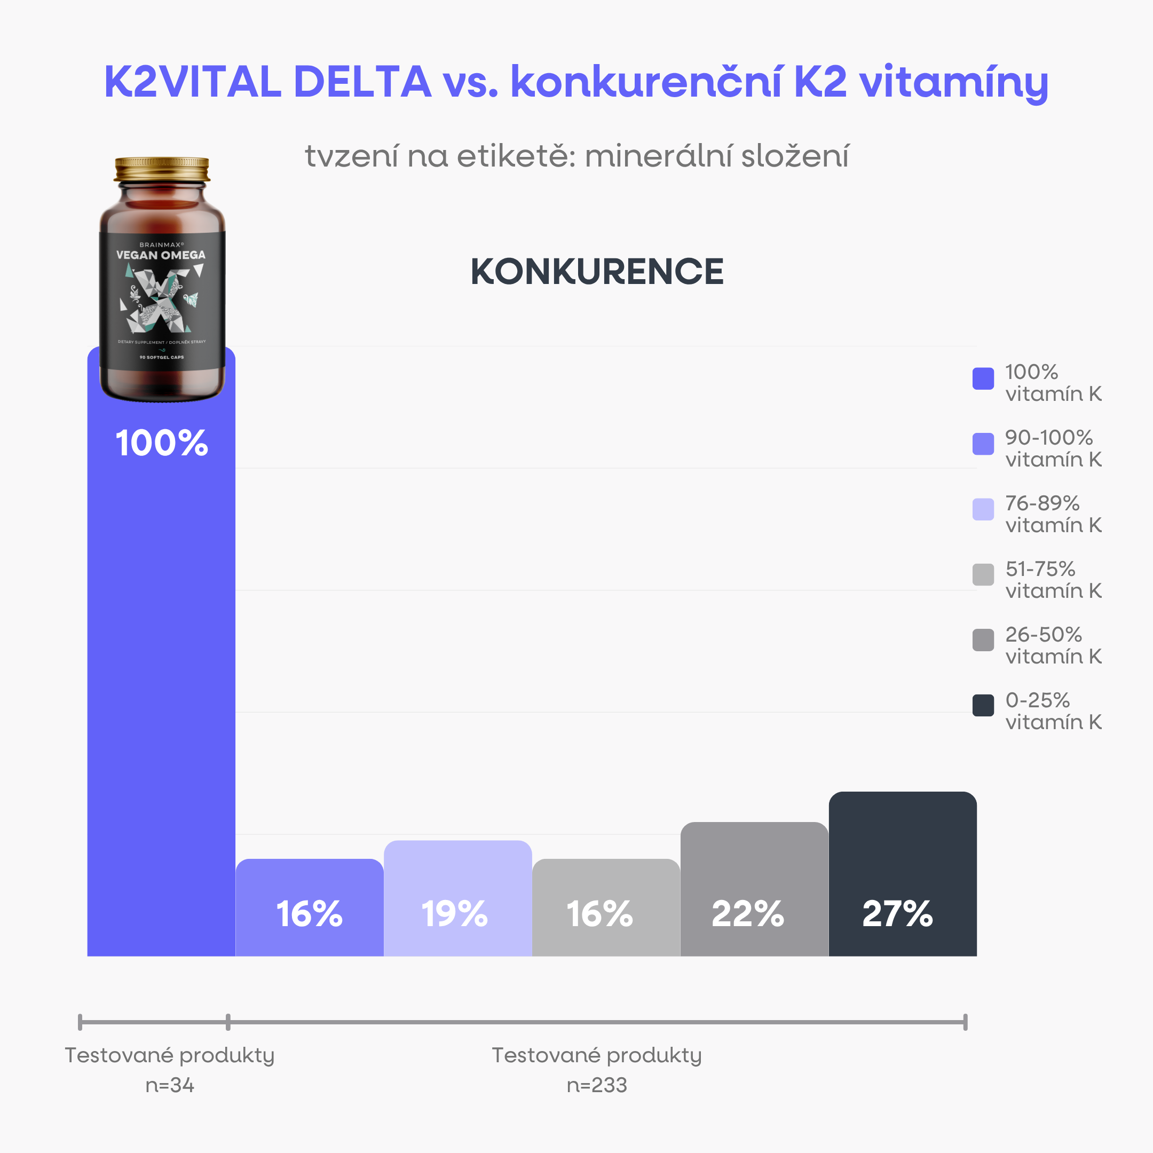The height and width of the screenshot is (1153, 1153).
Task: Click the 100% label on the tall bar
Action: (x=161, y=443)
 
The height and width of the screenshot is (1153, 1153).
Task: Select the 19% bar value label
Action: (x=454, y=914)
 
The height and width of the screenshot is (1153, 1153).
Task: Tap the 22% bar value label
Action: (x=747, y=914)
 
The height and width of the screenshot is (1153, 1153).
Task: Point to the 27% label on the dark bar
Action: (x=897, y=914)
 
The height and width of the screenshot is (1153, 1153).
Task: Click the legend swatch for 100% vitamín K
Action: (x=983, y=378)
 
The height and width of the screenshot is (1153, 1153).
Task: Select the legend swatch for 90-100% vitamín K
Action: (x=983, y=444)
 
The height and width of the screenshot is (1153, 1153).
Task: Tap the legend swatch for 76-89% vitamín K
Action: (x=983, y=509)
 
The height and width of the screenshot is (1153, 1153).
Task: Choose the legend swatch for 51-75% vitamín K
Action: (x=983, y=575)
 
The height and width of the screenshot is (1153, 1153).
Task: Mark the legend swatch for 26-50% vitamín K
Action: (x=983, y=640)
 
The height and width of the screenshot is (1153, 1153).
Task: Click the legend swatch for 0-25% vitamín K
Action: (x=983, y=705)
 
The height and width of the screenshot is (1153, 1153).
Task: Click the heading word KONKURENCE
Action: (x=597, y=272)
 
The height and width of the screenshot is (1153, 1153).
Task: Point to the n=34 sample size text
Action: (x=170, y=1085)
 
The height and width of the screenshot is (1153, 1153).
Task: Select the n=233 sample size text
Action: (x=597, y=1085)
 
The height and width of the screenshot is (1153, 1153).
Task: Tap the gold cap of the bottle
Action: (x=162, y=169)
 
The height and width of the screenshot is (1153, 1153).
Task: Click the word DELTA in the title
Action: (x=362, y=82)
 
